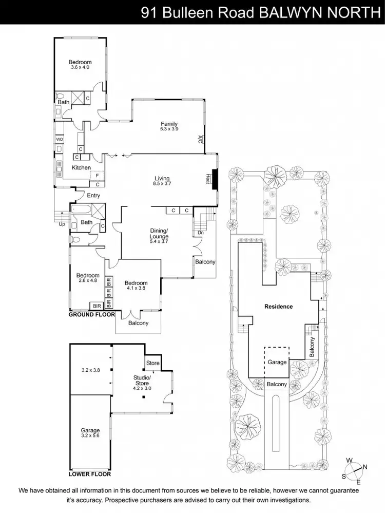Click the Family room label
click(169, 124)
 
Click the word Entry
click(93, 196)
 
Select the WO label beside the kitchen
click(60, 139)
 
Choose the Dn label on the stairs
click(200, 233)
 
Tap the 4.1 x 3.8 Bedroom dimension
click(136, 288)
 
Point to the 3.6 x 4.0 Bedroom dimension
click(80, 67)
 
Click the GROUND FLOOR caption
click(92, 314)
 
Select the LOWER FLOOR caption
click(90, 474)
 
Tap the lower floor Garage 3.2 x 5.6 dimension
click(90, 436)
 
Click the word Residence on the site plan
click(278, 307)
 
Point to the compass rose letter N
click(365, 466)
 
